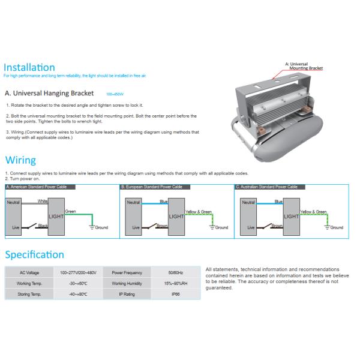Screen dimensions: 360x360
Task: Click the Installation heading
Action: pos(29,67)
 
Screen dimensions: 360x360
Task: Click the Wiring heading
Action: pos(20,160)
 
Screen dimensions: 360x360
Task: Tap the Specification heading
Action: pos(34,254)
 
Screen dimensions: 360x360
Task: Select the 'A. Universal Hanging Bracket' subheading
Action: pos(49,94)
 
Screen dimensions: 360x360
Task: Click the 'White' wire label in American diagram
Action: pos(42,201)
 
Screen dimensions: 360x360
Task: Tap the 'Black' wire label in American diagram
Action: pos(43,225)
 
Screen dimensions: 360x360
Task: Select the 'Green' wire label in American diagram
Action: pos(70,211)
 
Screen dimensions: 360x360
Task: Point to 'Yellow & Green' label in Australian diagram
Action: pos(313,212)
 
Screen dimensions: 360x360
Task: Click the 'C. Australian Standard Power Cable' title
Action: pos(267,187)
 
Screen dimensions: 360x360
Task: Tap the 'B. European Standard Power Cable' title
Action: pos(151,187)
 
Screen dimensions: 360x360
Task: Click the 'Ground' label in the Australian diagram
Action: pos(337,228)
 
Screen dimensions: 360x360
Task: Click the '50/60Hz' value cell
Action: pos(176,272)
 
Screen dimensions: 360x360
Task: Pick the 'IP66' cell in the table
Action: pos(176,295)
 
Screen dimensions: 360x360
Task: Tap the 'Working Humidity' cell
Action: pos(127,283)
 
